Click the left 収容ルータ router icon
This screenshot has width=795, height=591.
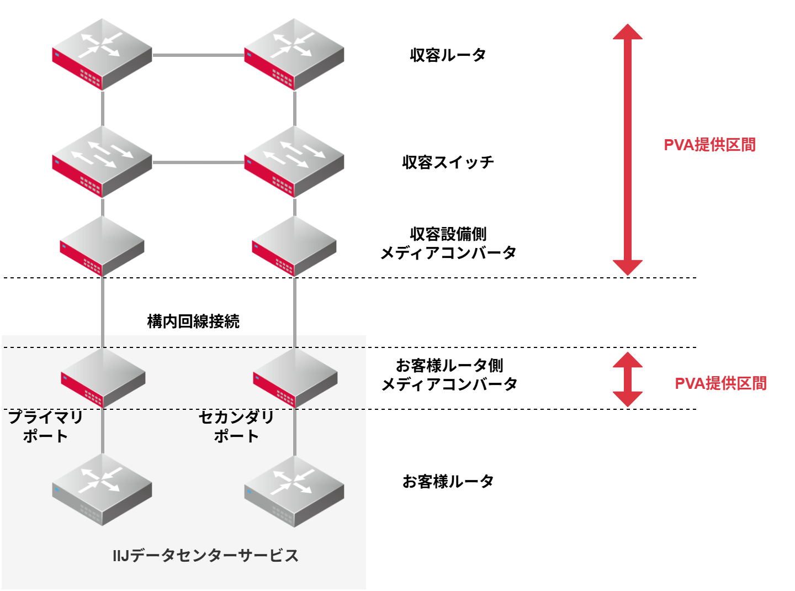[102, 54]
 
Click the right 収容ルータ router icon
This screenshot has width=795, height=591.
[294, 54]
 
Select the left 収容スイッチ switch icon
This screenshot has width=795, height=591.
[102, 161]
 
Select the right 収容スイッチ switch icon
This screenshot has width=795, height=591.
[294, 161]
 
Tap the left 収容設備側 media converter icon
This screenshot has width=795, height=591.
[102, 246]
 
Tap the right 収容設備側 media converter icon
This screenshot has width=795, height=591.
[294, 246]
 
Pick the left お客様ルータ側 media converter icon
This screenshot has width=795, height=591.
[103, 378]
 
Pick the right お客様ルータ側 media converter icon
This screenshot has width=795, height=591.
[295, 378]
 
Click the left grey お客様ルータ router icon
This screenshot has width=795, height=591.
[102, 489]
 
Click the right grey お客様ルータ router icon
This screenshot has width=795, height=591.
[294, 490]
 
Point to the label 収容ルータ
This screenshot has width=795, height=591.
[448, 55]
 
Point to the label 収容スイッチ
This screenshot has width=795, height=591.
[448, 162]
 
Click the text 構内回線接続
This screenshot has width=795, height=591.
[193, 321]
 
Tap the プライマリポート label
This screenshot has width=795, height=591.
[45, 426]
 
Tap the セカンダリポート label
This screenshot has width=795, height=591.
[236, 426]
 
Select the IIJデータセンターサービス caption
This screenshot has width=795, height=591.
[205, 555]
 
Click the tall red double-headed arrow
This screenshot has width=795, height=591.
[628, 149]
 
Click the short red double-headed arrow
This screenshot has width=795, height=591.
[628, 379]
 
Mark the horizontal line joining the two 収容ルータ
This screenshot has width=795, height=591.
[198, 55]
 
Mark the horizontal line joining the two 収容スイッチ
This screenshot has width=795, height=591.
[198, 162]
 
